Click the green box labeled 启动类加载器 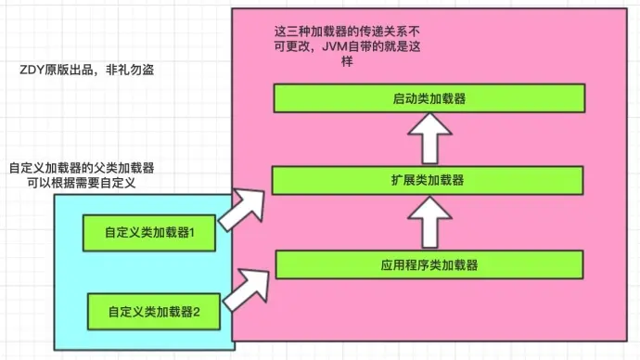coord(429,97)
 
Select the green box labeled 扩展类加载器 coord(429,179)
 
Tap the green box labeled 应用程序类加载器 coord(429,264)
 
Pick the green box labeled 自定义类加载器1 coord(149,232)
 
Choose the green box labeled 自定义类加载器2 coord(154,312)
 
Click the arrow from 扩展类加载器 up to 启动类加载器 coord(429,138)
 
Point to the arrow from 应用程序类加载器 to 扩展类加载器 coord(429,222)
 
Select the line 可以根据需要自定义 coord(82,183)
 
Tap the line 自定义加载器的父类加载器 coord(81,167)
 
